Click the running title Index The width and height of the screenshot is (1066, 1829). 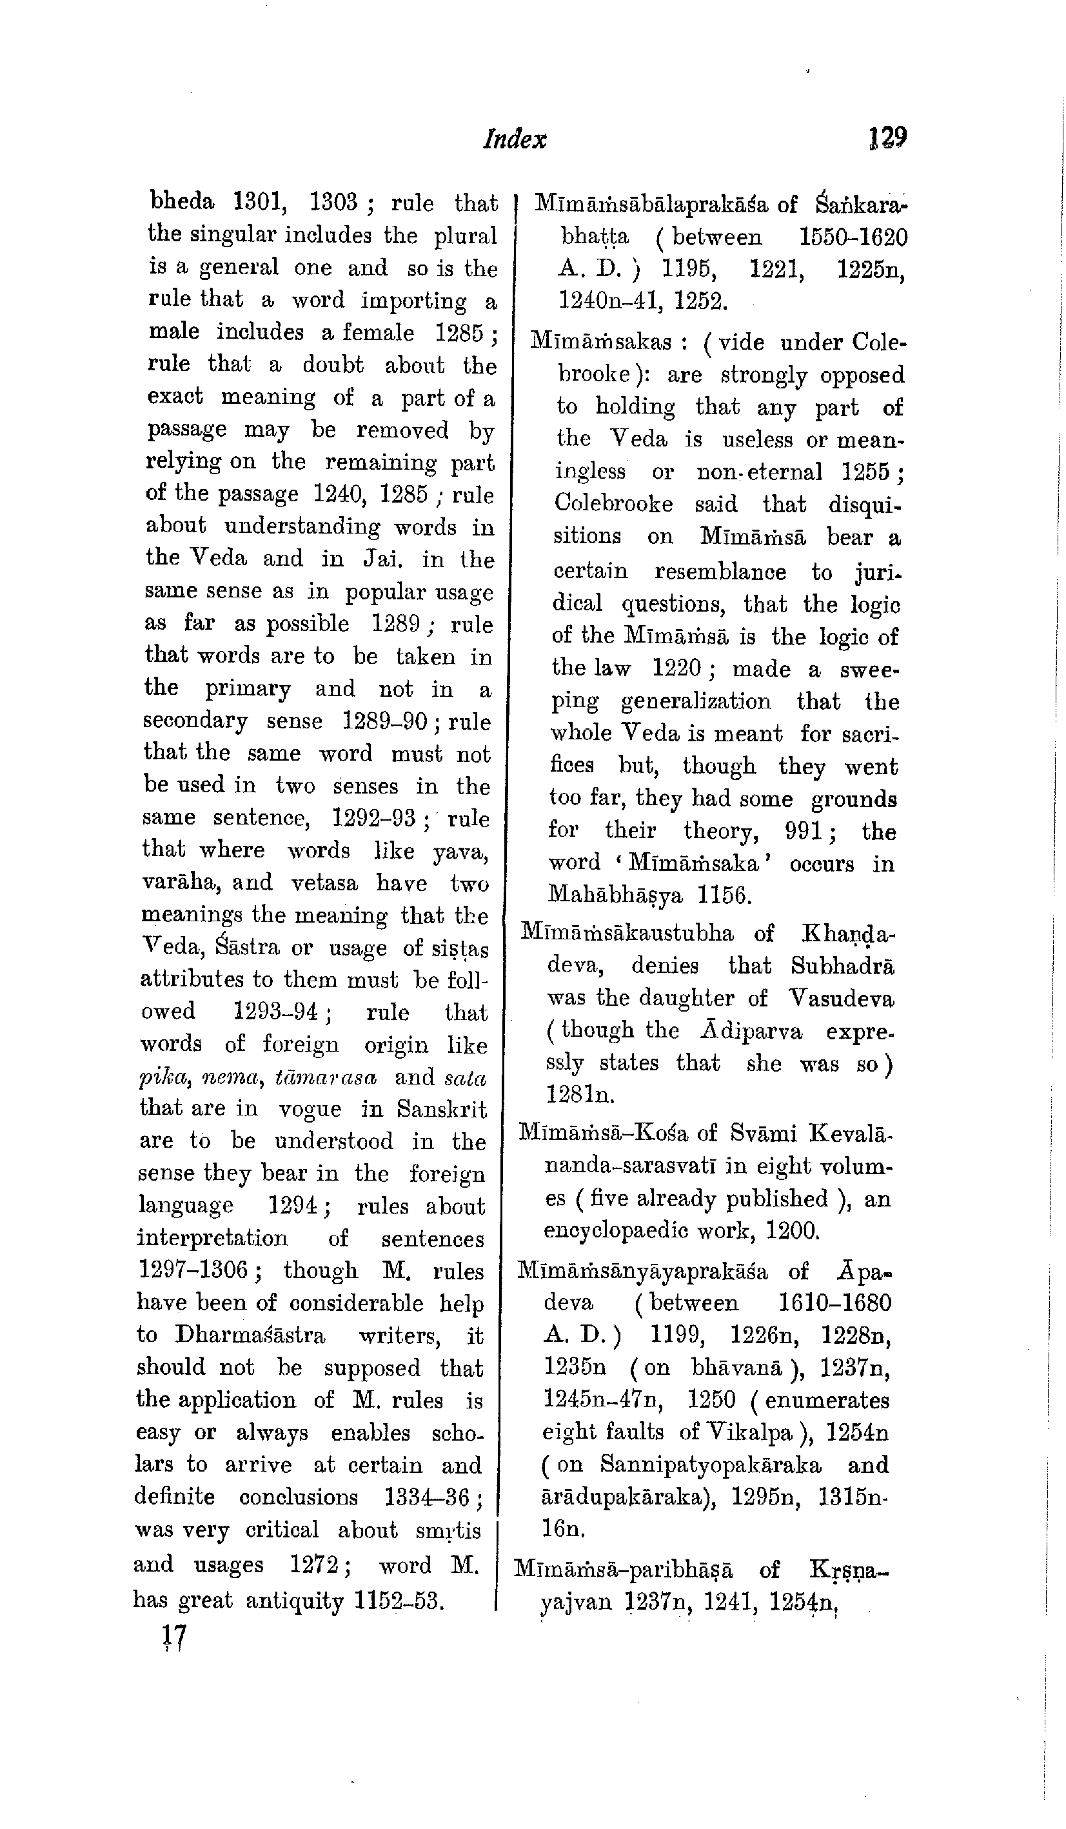pyautogui.click(x=515, y=139)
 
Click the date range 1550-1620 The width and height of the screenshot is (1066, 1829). pyautogui.click(x=853, y=237)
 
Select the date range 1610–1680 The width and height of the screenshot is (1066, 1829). pyautogui.click(x=834, y=1303)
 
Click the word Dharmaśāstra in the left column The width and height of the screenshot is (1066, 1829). pyautogui.click(x=250, y=1335)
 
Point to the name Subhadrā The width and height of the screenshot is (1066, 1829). pyautogui.click(x=842, y=965)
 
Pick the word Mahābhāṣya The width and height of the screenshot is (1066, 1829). pyautogui.click(x=615, y=895)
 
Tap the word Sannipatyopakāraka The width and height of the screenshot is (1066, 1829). pyautogui.click(x=711, y=1464)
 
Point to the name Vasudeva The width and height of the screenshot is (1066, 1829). pyautogui.click(x=841, y=998)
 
